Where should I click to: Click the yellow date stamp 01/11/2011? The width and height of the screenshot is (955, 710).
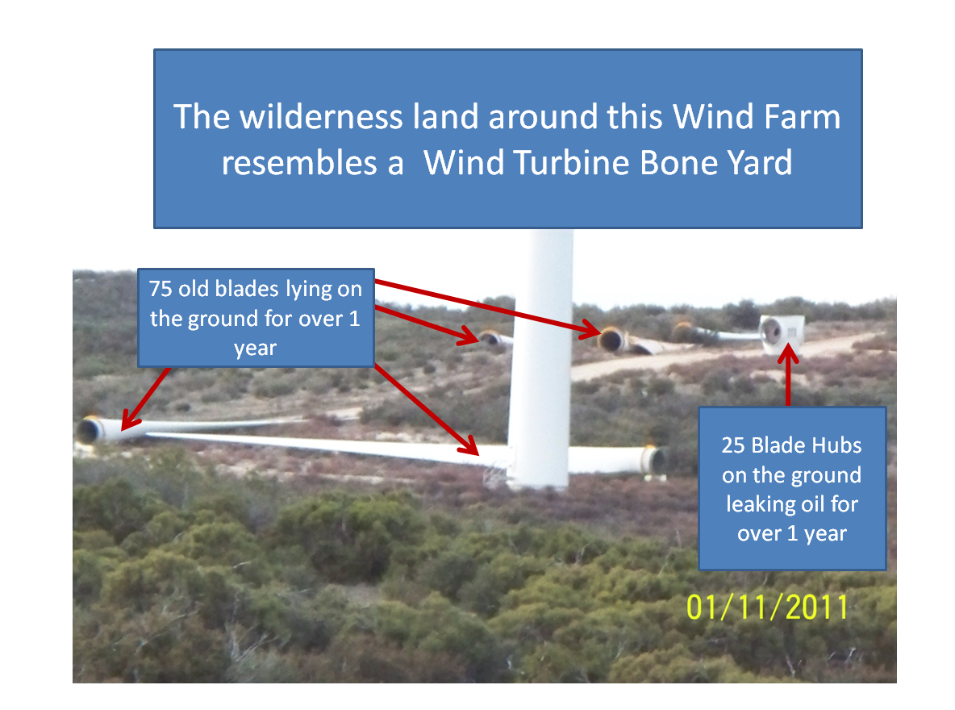767,608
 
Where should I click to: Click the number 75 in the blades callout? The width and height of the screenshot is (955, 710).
161,289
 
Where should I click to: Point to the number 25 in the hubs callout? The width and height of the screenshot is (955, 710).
733,445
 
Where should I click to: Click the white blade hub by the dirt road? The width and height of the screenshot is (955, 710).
782,333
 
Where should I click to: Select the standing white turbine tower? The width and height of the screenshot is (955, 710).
541,360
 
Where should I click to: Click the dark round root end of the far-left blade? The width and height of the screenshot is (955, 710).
90,430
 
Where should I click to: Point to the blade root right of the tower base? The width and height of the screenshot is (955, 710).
655,460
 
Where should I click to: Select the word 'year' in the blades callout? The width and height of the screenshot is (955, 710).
255,349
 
